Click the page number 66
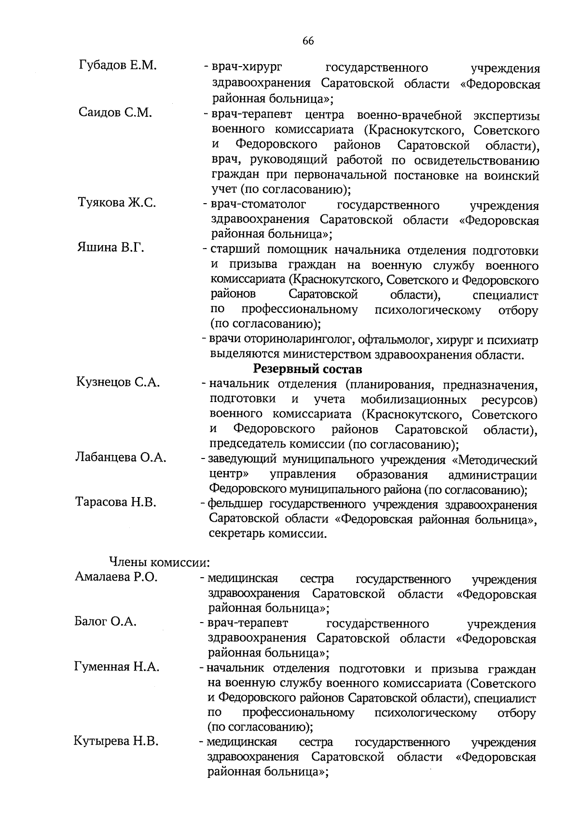308,41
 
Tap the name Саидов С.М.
115,112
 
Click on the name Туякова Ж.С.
117,202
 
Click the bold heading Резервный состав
307,369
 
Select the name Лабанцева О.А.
121,457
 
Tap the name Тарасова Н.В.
116,502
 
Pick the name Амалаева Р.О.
116,577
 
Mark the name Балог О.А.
106,622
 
